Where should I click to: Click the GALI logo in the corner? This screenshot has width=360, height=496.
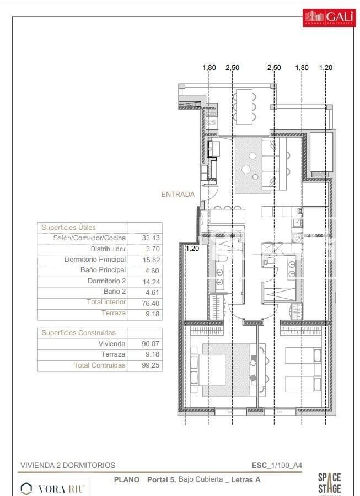328,17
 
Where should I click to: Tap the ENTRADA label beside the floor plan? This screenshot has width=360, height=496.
178,194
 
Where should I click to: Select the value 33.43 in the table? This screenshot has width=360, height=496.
144,238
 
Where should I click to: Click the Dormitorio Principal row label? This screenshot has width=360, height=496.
95,260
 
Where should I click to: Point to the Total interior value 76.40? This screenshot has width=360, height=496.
144,303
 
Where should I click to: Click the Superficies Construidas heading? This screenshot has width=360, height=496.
78,333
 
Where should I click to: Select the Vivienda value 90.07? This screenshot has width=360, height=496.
144,344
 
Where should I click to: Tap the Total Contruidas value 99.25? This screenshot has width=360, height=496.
144,365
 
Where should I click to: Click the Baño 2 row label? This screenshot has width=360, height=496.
115,292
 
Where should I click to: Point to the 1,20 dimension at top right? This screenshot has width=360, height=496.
326,68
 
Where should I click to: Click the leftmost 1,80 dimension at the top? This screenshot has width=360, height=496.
209,68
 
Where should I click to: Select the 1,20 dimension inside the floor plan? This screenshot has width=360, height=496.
192,249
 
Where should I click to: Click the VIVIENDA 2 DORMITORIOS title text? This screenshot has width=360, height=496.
68,465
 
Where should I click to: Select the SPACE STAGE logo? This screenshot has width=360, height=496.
329,483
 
